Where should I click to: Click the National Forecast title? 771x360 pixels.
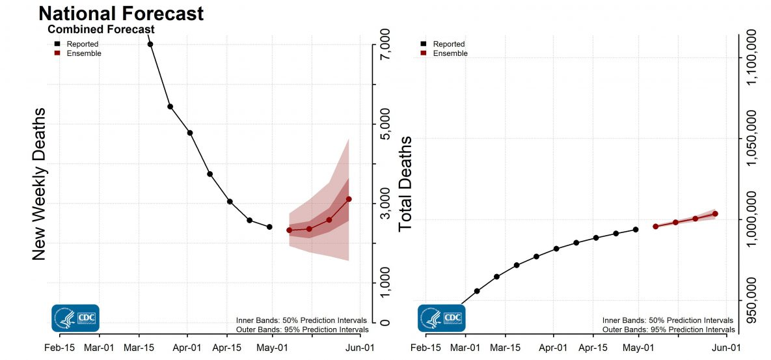[x=121, y=13]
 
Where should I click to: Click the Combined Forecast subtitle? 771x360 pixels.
[x=101, y=29]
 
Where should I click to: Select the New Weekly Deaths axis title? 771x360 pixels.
[x=39, y=184]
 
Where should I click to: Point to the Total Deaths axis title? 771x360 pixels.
[x=406, y=184]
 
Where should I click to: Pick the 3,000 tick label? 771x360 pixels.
[x=386, y=204]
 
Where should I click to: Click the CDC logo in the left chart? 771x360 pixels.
[x=75, y=318]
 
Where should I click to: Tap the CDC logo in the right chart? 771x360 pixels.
[x=441, y=318]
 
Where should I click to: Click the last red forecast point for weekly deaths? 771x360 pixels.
[x=349, y=199]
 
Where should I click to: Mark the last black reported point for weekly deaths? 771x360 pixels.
[x=269, y=227]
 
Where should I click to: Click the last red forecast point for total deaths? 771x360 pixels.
[x=715, y=214]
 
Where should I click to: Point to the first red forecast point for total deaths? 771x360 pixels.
[x=655, y=227]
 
